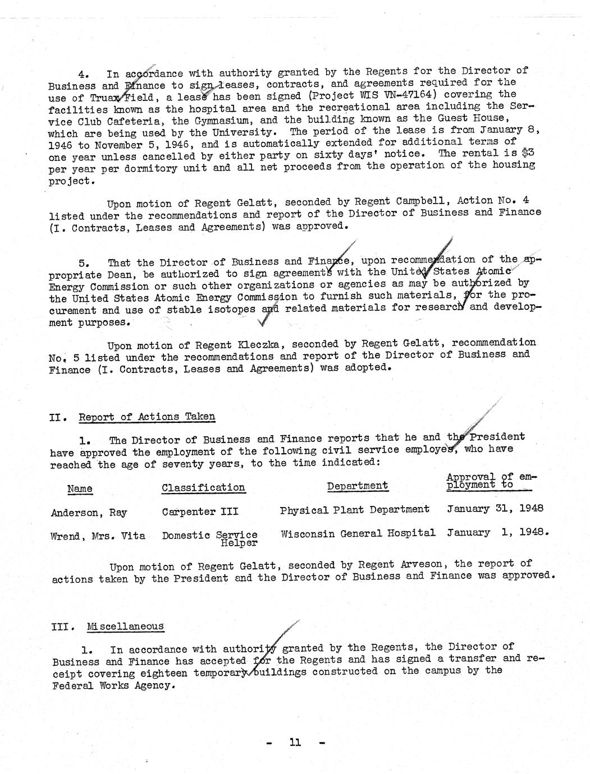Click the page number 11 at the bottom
[x=295, y=743]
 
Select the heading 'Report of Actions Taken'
[x=147, y=417]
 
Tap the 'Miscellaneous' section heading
[x=126, y=626]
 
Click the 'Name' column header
[x=80, y=489]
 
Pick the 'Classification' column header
[x=203, y=487]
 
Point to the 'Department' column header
[x=358, y=486]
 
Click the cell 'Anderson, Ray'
[x=89, y=513]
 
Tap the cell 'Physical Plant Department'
[x=355, y=509]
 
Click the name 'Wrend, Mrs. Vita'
[x=98, y=536]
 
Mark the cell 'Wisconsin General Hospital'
[x=358, y=533]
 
